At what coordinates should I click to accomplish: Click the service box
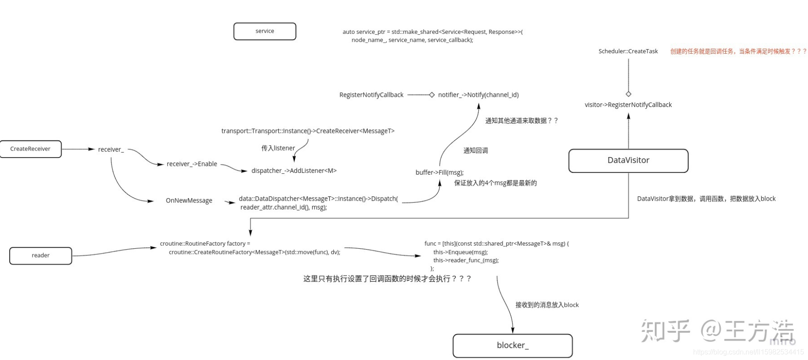(265, 31)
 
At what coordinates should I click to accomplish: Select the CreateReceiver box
(30, 149)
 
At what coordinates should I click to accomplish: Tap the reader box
(41, 255)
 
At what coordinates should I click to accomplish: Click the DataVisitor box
(628, 160)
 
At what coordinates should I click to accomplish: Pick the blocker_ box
(513, 345)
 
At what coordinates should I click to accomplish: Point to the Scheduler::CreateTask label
(628, 51)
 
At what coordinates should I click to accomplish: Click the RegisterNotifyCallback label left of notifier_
(371, 95)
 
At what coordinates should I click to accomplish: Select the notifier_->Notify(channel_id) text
(478, 95)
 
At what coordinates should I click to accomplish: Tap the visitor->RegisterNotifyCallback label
(628, 105)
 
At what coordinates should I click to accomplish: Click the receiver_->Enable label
(192, 164)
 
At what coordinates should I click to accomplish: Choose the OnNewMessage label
(189, 201)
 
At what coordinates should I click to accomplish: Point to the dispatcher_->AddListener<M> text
(294, 171)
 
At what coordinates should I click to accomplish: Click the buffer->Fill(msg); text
(439, 173)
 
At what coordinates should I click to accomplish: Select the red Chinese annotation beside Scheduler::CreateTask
(738, 51)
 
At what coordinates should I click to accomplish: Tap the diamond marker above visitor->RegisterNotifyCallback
(628, 94)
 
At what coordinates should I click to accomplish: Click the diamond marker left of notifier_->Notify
(432, 95)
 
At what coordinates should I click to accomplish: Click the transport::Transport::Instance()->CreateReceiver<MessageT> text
(308, 131)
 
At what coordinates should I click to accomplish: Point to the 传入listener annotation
(278, 148)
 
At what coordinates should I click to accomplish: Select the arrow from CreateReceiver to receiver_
(78, 149)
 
